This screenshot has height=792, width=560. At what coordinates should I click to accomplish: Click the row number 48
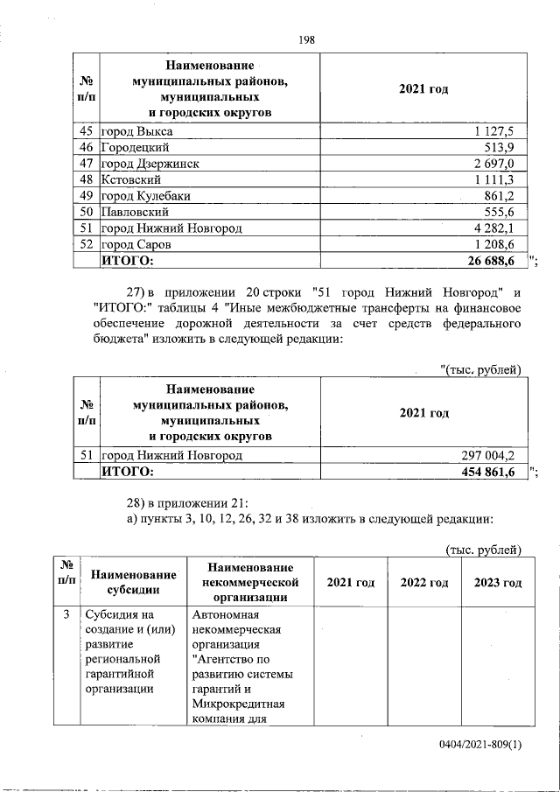pos(86,179)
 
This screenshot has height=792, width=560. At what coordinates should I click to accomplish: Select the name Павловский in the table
pos(136,212)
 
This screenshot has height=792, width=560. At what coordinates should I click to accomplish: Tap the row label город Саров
pos(141,244)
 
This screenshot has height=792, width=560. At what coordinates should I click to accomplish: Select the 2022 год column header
pos(424,583)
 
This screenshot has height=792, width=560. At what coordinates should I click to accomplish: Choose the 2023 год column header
pos(497,583)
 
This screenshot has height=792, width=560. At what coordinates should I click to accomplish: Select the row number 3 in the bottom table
pos(66,614)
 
